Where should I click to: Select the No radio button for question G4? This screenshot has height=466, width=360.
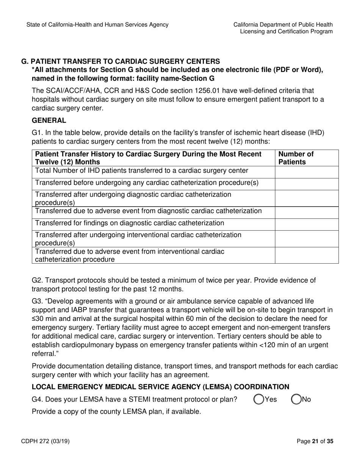pyautogui.click(x=296, y=399)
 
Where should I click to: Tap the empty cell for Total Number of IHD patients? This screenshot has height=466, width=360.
pyautogui.click(x=306, y=171)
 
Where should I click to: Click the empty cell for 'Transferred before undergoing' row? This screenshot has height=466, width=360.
pyautogui.click(x=306, y=183)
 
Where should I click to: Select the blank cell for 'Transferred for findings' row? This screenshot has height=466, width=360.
pyautogui.click(x=306, y=223)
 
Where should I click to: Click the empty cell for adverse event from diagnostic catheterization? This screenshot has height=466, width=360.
pyautogui.click(x=306, y=211)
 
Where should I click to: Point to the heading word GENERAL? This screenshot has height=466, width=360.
pyautogui.click(x=49, y=120)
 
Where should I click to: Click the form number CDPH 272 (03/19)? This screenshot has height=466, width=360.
pyautogui.click(x=48, y=441)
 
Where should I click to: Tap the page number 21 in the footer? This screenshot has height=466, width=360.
pyautogui.click(x=314, y=441)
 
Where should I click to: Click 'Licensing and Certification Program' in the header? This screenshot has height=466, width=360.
pyautogui.click(x=286, y=31)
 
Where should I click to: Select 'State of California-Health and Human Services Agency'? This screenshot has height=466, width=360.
pyautogui.click(x=97, y=25)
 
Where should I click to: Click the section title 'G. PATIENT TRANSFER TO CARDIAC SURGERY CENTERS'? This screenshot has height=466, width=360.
pyautogui.click(x=121, y=61)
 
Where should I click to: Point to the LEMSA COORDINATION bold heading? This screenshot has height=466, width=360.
pyautogui.click(x=160, y=387)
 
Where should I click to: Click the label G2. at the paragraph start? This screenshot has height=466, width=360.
pyautogui.click(x=38, y=280)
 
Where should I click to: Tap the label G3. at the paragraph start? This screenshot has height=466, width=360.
pyautogui.click(x=38, y=301)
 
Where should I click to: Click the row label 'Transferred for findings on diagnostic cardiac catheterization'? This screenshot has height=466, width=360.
pyautogui.click(x=130, y=223)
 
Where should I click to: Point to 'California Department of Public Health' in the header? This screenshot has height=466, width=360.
pyautogui.click(x=283, y=25)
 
